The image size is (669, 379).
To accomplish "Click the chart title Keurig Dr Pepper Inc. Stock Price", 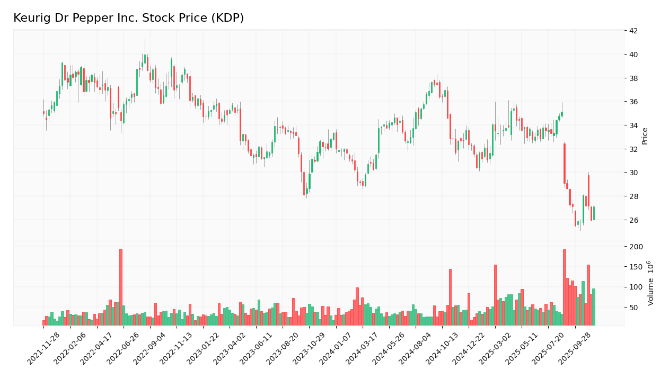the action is [128, 19].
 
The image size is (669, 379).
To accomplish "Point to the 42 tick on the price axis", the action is [633, 31].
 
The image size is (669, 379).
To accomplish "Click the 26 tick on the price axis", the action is [633, 220].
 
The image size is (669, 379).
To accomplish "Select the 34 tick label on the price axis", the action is [633, 125].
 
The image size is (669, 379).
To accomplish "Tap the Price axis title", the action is [645, 136].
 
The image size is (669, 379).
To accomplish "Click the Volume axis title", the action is [650, 283].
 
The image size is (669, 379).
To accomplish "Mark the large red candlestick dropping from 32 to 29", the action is [565, 164].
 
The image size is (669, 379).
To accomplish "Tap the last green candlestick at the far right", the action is [594, 213].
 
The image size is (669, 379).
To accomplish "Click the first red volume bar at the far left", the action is [44, 322].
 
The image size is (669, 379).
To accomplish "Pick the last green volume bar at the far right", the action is [594, 307].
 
